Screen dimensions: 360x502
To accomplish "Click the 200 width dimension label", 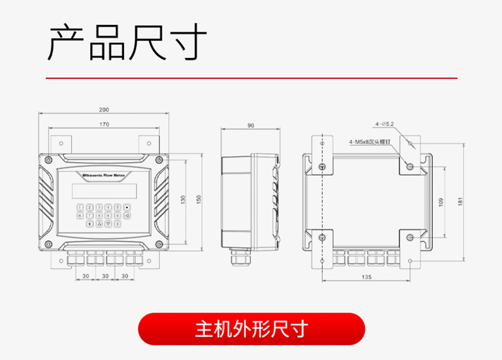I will click(x=104, y=110).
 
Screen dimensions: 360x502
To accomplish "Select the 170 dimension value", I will click(x=104, y=124).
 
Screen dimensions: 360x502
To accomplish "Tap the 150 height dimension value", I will click(x=198, y=199).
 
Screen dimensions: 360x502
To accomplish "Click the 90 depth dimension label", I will click(x=250, y=126).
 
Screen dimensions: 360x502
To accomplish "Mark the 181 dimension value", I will click(x=460, y=202).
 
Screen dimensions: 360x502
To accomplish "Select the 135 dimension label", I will click(x=367, y=277).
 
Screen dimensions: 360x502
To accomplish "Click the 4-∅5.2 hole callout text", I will click(x=384, y=124).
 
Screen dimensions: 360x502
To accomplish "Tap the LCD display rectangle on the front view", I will click(x=104, y=190).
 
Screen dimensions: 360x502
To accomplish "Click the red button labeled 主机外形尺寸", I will click(x=252, y=329).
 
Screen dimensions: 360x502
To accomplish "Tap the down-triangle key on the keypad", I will click(x=109, y=224).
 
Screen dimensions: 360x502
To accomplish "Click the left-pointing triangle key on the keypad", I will click(x=127, y=216).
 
